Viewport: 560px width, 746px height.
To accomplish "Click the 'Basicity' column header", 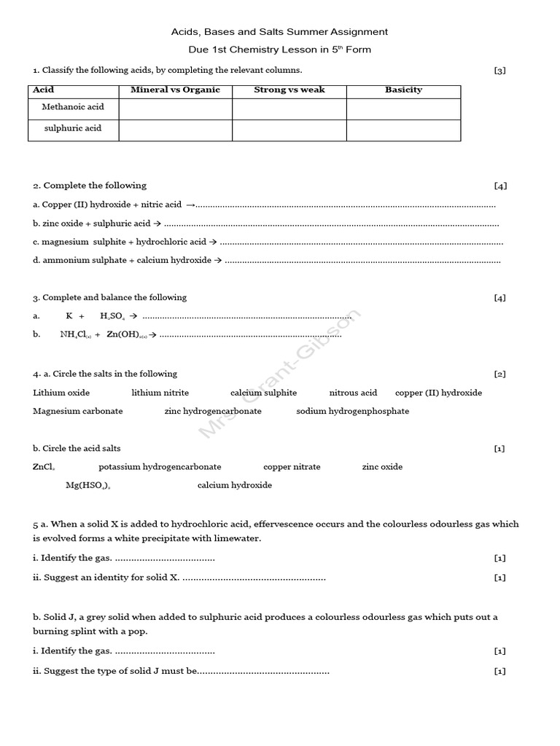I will pyautogui.click(x=403, y=90).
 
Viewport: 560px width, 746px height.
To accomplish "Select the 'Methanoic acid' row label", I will pyautogui.click(x=73, y=107).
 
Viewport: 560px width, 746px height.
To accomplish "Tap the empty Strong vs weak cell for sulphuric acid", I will pyautogui.click(x=289, y=130).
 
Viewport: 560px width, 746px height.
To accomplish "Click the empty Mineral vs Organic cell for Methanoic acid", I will pyautogui.click(x=175, y=109).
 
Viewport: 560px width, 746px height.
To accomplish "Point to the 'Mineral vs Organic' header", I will pyautogui.click(x=175, y=90).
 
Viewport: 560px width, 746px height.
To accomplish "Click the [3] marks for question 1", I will pyautogui.click(x=499, y=71).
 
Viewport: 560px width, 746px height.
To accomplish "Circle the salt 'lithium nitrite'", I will pyautogui.click(x=160, y=393).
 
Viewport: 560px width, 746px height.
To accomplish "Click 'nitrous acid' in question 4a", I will pyautogui.click(x=353, y=393).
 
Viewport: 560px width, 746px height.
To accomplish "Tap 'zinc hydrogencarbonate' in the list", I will pyautogui.click(x=213, y=411).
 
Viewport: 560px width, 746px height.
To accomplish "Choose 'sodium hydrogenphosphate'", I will pyautogui.click(x=353, y=411).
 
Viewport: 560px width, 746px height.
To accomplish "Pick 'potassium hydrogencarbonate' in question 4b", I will pyautogui.click(x=160, y=467).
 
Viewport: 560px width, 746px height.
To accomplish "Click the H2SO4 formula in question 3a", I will pyautogui.click(x=112, y=317).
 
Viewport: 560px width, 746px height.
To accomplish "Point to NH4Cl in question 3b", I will pyautogui.click(x=74, y=335).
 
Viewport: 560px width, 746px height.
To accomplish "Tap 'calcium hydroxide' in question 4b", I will pyautogui.click(x=235, y=485).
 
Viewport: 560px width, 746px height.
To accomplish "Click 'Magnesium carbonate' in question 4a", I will pyautogui.click(x=78, y=411).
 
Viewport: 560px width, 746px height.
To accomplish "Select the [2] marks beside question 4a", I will pyautogui.click(x=499, y=374).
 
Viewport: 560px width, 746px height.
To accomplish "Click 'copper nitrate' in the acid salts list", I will pyautogui.click(x=292, y=467).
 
